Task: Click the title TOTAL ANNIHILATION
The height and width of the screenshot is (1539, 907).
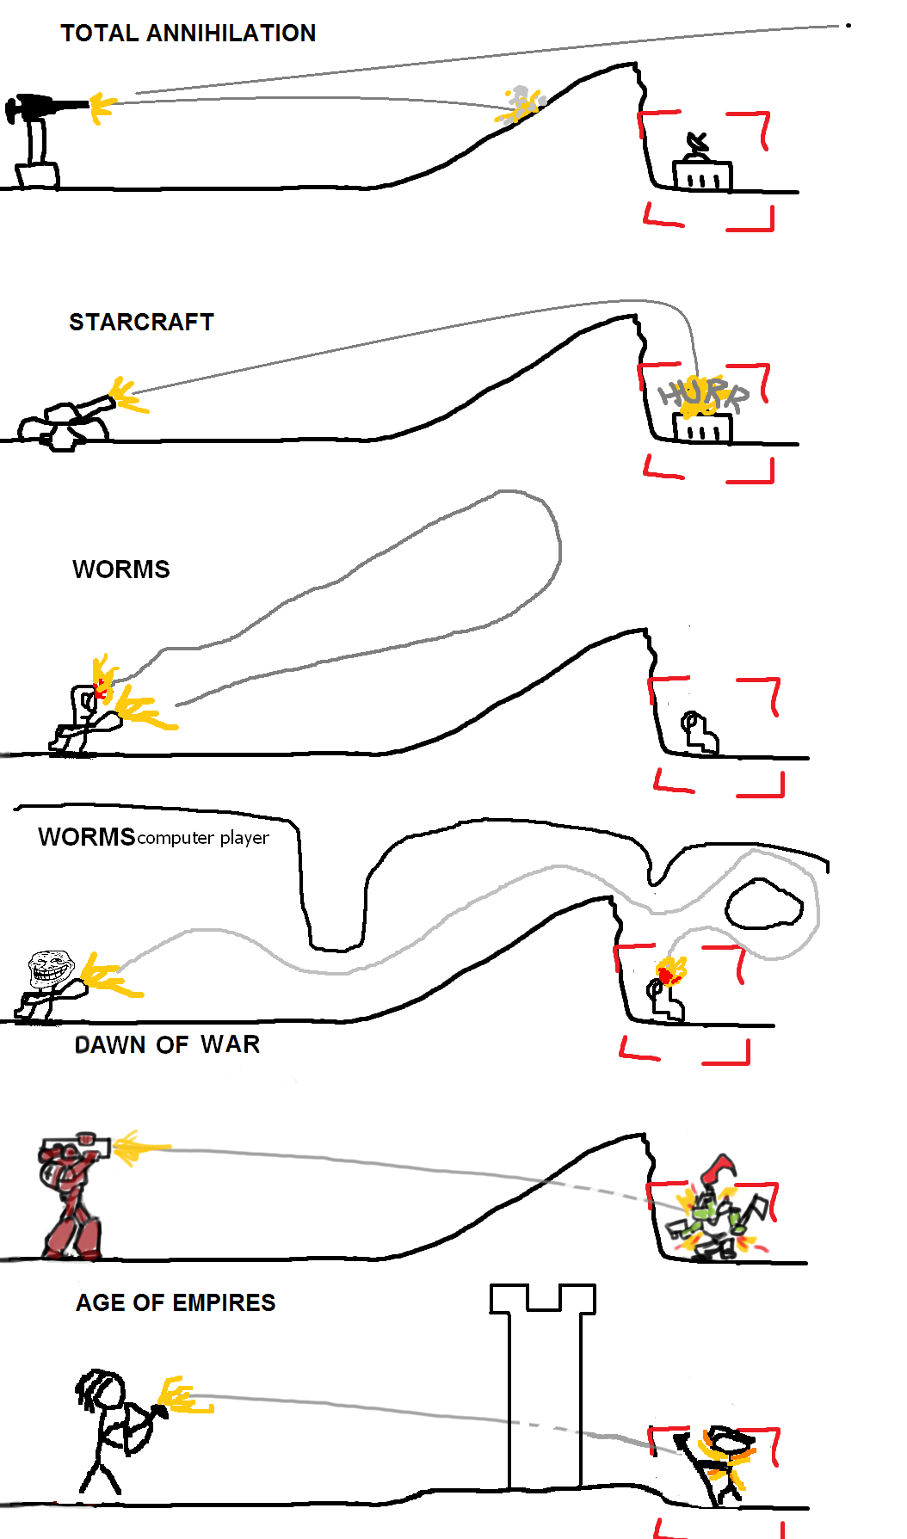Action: (x=188, y=34)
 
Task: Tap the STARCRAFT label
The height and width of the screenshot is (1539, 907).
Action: (x=141, y=322)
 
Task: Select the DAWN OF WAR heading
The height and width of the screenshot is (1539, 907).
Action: (x=167, y=1044)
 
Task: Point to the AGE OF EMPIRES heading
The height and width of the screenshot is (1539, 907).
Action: (x=176, y=1302)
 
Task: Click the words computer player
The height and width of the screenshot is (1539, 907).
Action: (x=203, y=838)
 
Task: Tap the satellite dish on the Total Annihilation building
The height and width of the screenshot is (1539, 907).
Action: (x=698, y=143)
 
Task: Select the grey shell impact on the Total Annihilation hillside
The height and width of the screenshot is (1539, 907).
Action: (x=520, y=104)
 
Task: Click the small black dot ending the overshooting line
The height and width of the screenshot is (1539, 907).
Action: (x=848, y=26)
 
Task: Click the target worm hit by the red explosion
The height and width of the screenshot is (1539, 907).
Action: (x=664, y=995)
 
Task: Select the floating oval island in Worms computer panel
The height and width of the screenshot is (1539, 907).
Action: (x=763, y=904)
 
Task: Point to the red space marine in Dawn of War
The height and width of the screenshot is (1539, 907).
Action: (x=73, y=1196)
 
